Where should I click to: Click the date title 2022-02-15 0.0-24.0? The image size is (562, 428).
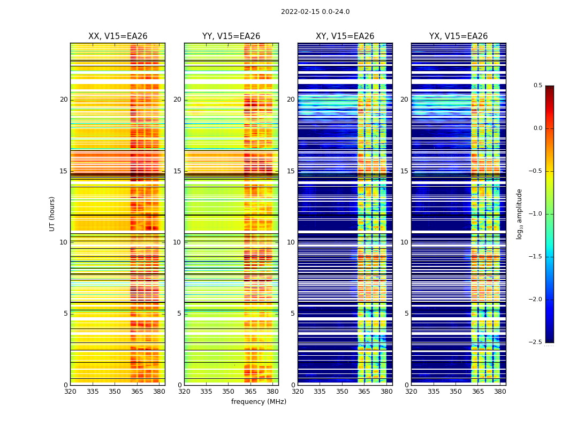(x=315, y=12)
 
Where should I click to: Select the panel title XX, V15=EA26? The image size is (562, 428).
(x=118, y=36)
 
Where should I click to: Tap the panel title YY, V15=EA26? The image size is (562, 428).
(x=231, y=36)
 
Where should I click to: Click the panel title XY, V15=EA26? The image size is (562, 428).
(x=345, y=36)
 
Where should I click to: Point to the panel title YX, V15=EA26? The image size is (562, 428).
(x=458, y=36)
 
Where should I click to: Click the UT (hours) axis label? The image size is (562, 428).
(x=52, y=213)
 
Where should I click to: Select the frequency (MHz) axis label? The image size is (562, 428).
(x=259, y=402)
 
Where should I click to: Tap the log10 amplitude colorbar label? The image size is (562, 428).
(x=519, y=213)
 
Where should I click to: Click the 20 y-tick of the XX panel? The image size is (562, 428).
(x=64, y=100)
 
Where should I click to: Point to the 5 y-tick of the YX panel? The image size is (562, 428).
(x=407, y=314)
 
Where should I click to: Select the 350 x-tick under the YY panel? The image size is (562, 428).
(x=229, y=391)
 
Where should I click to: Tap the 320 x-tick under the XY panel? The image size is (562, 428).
(x=298, y=391)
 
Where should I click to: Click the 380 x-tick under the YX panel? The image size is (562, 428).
(x=500, y=391)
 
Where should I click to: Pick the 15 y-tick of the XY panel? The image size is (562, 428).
(x=291, y=171)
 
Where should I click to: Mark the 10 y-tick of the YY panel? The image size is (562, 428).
(x=177, y=242)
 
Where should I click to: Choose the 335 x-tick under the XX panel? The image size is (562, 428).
(x=93, y=391)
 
